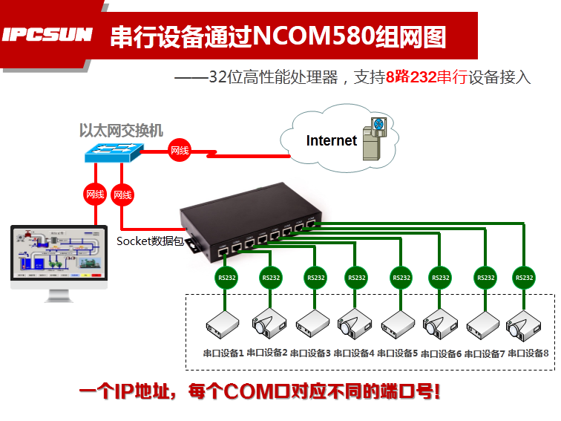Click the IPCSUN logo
click(47, 35)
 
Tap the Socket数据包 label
click(150, 241)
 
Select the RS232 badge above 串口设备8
click(525, 278)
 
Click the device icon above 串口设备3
click(312, 324)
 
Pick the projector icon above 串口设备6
click(439, 324)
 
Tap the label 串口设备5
click(397, 353)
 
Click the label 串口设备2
click(266, 353)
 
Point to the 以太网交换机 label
click(121, 131)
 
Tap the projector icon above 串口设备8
click(523, 324)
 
